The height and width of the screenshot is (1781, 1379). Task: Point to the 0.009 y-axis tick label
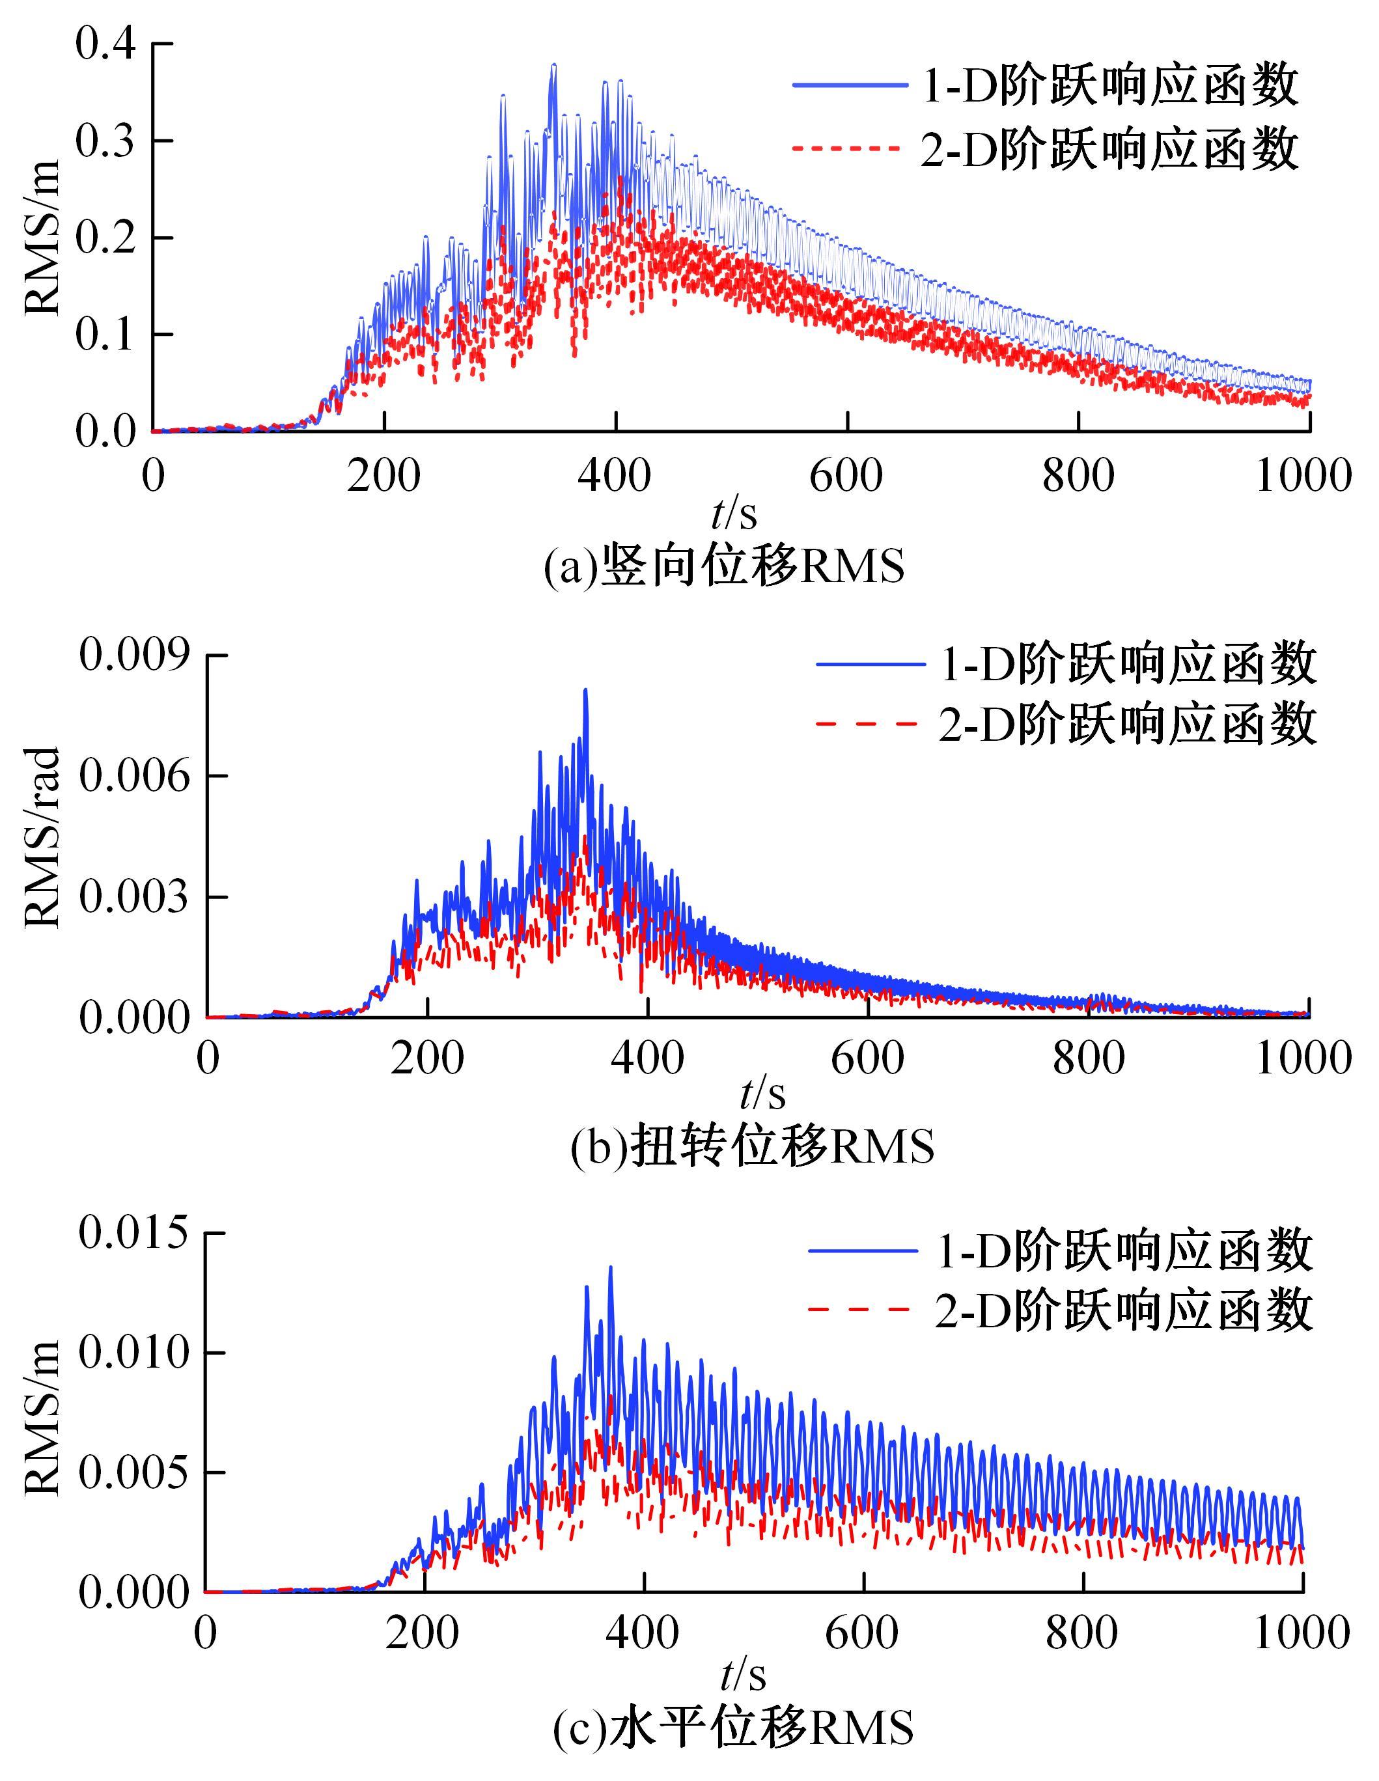pos(133,655)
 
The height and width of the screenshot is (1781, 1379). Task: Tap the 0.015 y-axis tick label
pos(133,1256)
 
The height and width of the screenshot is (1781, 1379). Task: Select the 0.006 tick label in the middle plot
pos(133,775)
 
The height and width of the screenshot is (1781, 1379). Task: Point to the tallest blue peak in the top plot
pos(553,66)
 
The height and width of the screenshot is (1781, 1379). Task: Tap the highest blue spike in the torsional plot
pos(585,691)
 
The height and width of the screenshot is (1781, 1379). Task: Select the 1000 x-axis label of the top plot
pos(1303,475)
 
